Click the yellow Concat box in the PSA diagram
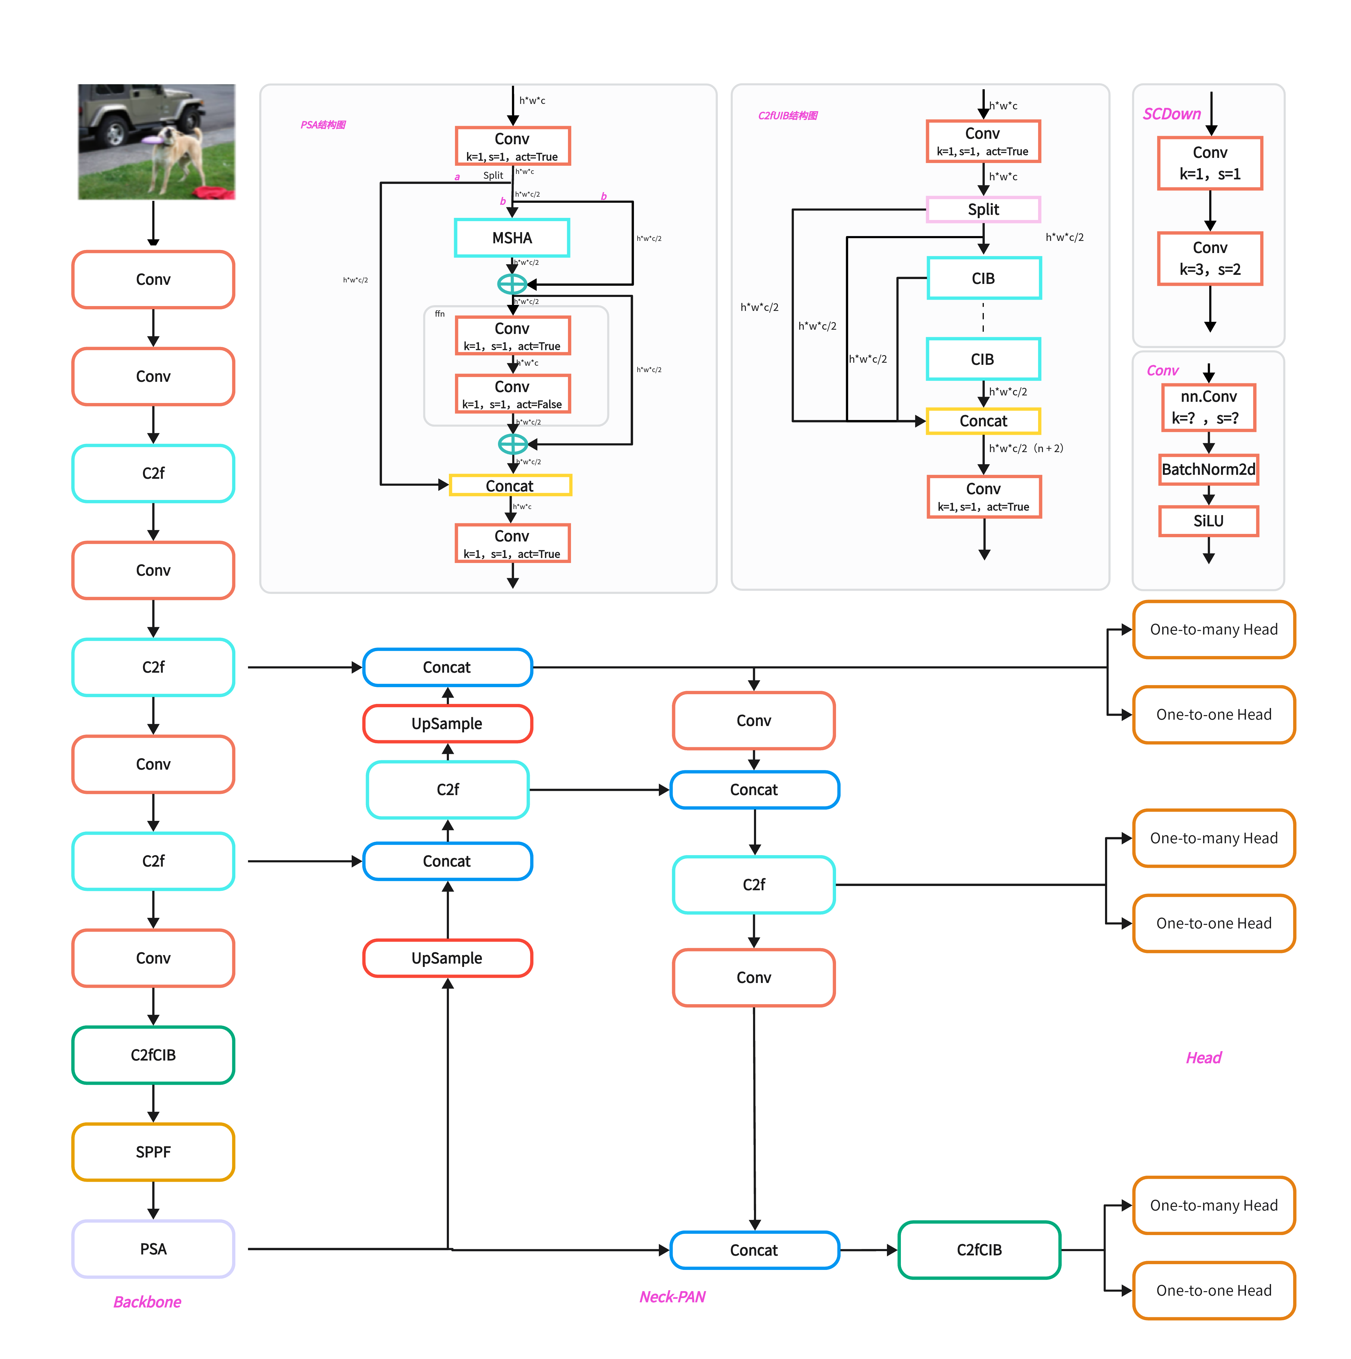pos(510,485)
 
